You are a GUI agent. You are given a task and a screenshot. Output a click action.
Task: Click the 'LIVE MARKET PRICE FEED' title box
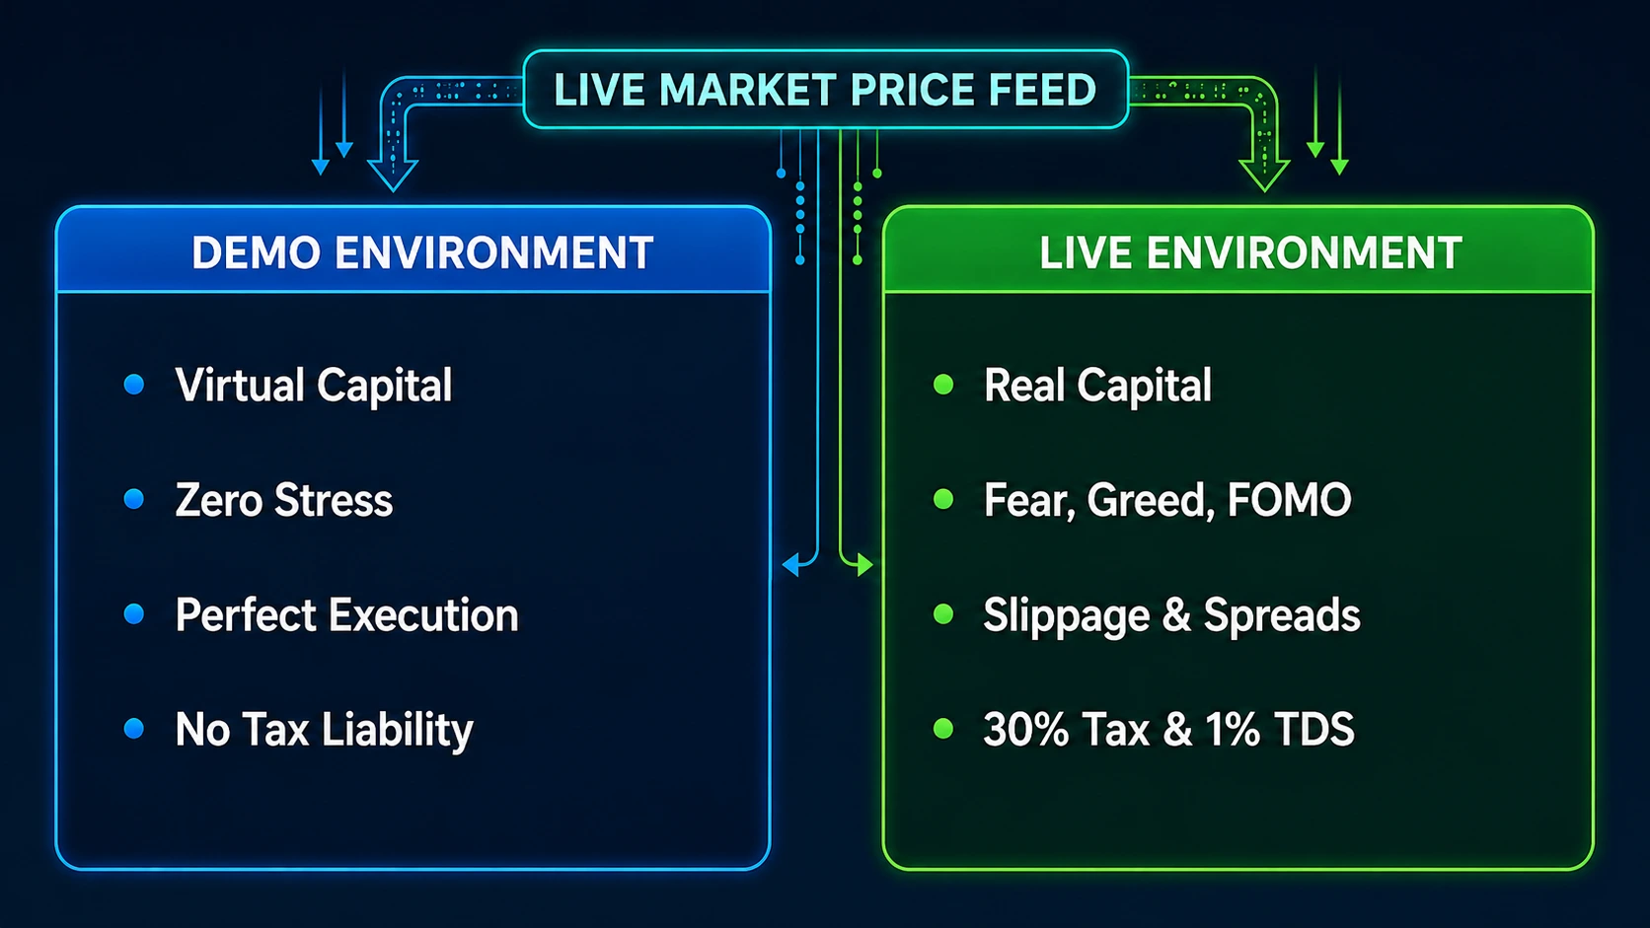click(825, 89)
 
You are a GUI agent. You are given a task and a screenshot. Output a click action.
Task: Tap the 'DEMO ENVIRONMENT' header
click(422, 252)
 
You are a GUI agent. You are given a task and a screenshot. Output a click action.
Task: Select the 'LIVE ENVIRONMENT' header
click(1250, 252)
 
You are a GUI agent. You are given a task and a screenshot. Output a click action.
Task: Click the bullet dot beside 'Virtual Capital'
click(134, 385)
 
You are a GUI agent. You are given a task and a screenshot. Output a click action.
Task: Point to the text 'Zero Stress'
click(283, 500)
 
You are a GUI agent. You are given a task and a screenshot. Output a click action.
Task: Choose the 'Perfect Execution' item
click(347, 615)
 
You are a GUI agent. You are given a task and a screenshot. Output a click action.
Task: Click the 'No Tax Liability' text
click(324, 731)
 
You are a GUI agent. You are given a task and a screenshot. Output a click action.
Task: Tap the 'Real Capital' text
click(1097, 386)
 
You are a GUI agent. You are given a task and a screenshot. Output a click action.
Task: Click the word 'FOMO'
click(1289, 500)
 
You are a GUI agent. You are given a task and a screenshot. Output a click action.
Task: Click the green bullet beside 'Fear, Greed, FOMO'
click(943, 500)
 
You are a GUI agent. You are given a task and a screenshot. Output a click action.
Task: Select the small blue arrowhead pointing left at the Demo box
click(790, 565)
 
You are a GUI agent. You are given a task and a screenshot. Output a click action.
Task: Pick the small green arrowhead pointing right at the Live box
click(865, 565)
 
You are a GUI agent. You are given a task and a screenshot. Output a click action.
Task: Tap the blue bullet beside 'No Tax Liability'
click(134, 729)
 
